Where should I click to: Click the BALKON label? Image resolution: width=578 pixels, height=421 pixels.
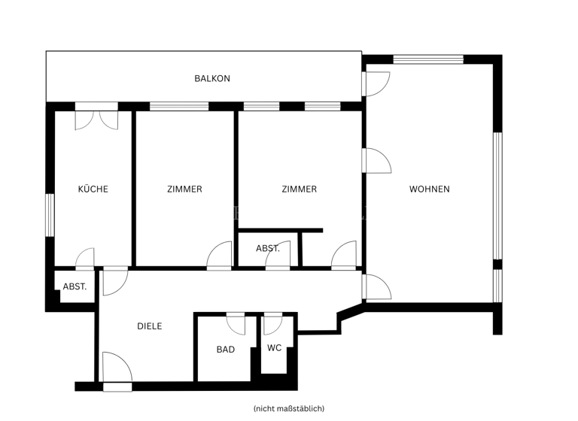click(211, 78)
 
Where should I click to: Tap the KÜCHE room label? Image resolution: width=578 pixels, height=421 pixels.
click(93, 189)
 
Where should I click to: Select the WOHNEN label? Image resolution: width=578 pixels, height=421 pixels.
click(429, 189)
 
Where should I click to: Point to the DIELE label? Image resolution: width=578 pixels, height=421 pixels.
click(149, 326)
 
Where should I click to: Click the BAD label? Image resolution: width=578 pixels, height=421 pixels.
click(225, 350)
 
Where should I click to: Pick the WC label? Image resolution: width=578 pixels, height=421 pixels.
click(274, 348)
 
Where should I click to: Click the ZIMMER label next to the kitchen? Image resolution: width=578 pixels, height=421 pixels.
click(184, 189)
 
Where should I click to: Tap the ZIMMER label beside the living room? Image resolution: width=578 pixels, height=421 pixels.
click(299, 189)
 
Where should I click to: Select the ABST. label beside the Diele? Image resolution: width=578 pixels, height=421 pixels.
click(75, 286)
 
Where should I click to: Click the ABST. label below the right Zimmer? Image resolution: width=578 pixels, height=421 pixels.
click(268, 248)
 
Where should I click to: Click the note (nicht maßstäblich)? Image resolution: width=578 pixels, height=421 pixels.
click(289, 408)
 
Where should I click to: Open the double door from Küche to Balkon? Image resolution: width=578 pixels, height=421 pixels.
click(96, 119)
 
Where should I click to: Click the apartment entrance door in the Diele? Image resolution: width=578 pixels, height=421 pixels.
click(117, 371)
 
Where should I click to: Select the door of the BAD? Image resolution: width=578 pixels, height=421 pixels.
click(236, 323)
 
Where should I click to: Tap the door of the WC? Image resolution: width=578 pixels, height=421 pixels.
click(272, 323)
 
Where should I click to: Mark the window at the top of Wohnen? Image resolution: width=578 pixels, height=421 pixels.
click(428, 59)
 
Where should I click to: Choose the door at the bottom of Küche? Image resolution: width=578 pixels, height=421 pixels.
click(85, 259)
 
